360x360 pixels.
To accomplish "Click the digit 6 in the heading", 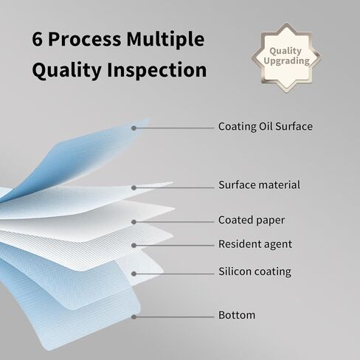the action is (37, 39).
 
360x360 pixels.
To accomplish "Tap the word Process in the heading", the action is (85, 39).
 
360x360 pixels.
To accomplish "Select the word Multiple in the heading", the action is (165, 40).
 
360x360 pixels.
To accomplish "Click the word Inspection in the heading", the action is (156, 70).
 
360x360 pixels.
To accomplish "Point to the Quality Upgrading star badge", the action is (286, 58).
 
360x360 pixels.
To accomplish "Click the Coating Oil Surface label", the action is (266, 126).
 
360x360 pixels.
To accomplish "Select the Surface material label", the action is (260, 184).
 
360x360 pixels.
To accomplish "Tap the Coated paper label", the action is (252, 221).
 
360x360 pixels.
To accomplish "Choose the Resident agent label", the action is (255, 244).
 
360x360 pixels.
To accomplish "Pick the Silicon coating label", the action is (255, 271).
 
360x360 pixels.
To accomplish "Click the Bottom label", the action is (237, 315).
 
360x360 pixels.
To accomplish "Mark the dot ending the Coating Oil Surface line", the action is (134, 128).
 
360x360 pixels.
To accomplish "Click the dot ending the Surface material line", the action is (134, 188).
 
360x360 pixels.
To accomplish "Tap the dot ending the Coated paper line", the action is (134, 222).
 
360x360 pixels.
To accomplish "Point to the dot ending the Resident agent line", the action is (134, 246).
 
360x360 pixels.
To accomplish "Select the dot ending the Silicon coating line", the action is (134, 274).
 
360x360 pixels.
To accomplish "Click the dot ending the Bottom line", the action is (134, 317).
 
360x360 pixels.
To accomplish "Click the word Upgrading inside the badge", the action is (286, 61).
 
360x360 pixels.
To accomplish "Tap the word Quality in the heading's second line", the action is (67, 71).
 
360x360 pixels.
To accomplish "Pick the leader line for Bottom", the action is (174, 317).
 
